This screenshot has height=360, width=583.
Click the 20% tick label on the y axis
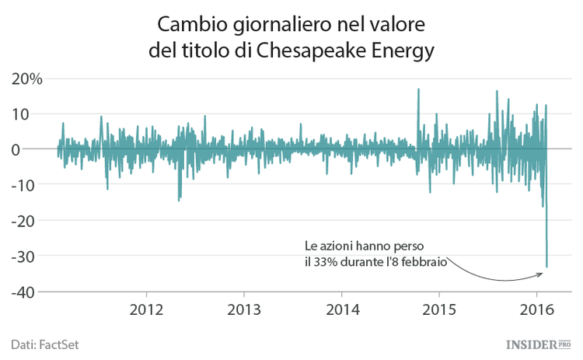pos(26,79)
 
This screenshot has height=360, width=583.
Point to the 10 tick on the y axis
pos(32,114)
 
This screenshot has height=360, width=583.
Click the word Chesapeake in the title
pos(312,51)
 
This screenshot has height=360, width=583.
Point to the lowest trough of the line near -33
pos(546,267)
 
